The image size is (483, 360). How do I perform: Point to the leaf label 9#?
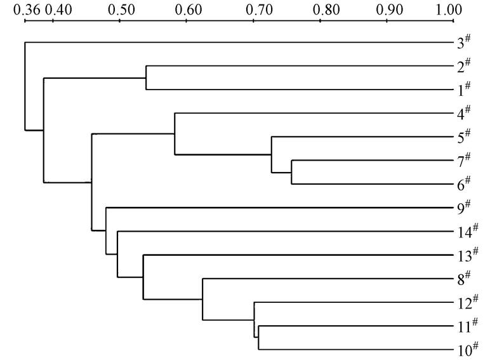coord(463,208)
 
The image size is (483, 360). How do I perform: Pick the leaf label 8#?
coord(463,278)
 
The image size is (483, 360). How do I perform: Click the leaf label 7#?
coord(463,161)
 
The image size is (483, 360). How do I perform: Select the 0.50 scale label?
coord(119,10)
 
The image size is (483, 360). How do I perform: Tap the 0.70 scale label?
coord(253,10)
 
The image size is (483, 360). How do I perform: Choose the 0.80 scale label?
coord(320,10)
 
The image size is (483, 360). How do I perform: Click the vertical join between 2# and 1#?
coord(147,78)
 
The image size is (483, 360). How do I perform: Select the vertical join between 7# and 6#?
coord(291,172)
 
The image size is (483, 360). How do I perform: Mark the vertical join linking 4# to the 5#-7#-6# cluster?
coord(175,133)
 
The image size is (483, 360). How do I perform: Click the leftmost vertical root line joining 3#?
coord(25,86)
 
